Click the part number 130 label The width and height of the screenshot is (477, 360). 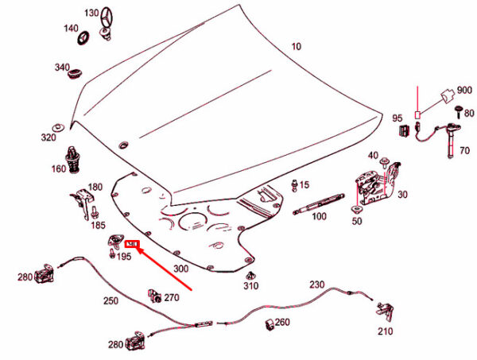[x=91, y=13]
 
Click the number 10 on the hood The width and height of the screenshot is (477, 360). [x=296, y=47]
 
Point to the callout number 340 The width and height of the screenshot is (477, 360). [x=63, y=67]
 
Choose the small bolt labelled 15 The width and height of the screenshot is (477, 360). [x=296, y=185]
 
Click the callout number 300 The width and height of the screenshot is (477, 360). [x=180, y=269]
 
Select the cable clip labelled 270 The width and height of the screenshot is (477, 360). [x=153, y=296]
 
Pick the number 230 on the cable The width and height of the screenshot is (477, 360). [x=316, y=284]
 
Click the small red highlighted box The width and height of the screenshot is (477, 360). [x=133, y=244]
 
